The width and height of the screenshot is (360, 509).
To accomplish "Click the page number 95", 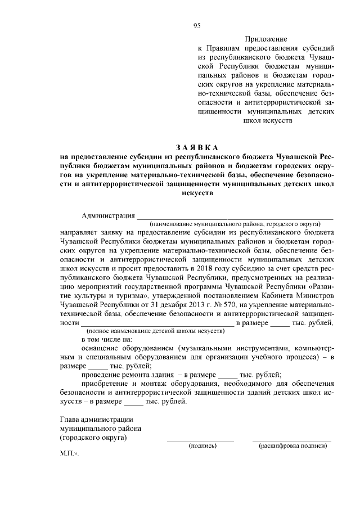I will point(197,25).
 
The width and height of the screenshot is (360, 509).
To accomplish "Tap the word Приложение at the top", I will point(265,39).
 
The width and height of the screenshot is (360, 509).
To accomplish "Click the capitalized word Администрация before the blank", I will point(109,215).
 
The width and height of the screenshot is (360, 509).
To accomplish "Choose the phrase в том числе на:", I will point(107,340).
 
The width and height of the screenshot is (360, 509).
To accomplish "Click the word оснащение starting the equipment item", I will point(102,349).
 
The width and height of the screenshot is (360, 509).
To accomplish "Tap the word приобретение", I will point(106,384).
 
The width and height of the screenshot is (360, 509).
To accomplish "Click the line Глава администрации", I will point(96,418).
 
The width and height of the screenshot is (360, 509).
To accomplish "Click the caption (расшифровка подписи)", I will point(292,445).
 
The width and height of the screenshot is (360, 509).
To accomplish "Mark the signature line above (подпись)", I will point(200,440).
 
